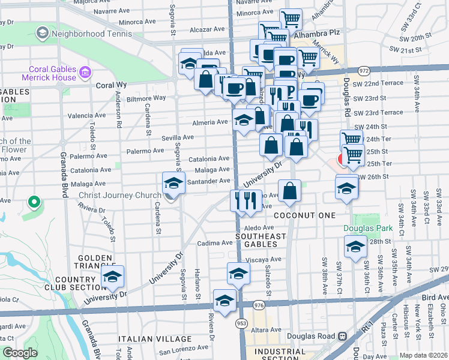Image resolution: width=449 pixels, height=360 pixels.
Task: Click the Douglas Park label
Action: (367, 228)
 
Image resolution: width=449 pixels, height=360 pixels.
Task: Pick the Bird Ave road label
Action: (434, 297)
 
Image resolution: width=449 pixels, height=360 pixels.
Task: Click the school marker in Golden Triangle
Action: (112, 276)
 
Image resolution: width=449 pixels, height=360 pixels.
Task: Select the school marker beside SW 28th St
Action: (355, 247)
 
